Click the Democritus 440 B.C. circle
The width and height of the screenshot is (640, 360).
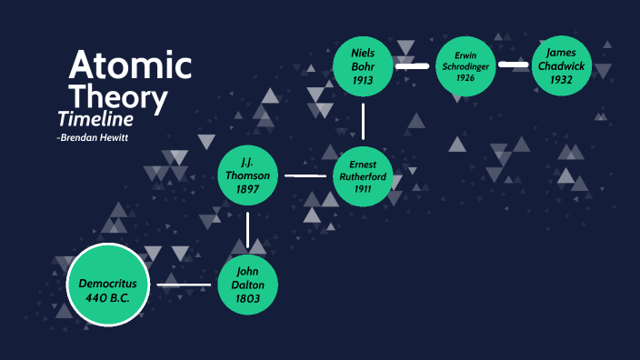pyautogui.click(x=107, y=285)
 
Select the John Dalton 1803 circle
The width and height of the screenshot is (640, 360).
pyautogui.click(x=247, y=285)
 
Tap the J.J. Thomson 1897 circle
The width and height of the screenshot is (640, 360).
pyautogui.click(x=247, y=175)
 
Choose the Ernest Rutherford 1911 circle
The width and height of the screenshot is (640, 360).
pyautogui.click(x=363, y=175)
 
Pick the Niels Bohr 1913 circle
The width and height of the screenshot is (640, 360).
pyautogui.click(x=363, y=66)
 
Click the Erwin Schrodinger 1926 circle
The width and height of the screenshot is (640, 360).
pyautogui.click(x=465, y=66)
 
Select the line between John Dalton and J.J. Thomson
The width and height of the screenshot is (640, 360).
pyautogui.click(x=247, y=230)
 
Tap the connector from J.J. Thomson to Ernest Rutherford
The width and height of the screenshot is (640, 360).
pyautogui.click(x=305, y=175)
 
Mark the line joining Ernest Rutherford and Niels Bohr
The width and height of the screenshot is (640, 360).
pyautogui.click(x=363, y=120)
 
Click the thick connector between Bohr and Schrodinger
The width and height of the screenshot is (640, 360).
pyautogui.click(x=413, y=66)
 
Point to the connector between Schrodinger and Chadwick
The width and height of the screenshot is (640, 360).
pyautogui.click(x=514, y=65)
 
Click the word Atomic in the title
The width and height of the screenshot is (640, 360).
pyautogui.click(x=130, y=65)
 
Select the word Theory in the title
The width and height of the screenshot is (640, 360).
pyautogui.click(x=118, y=96)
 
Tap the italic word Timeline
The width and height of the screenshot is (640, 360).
pyautogui.click(x=95, y=119)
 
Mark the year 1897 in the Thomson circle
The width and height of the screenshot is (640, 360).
pyautogui.click(x=247, y=189)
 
